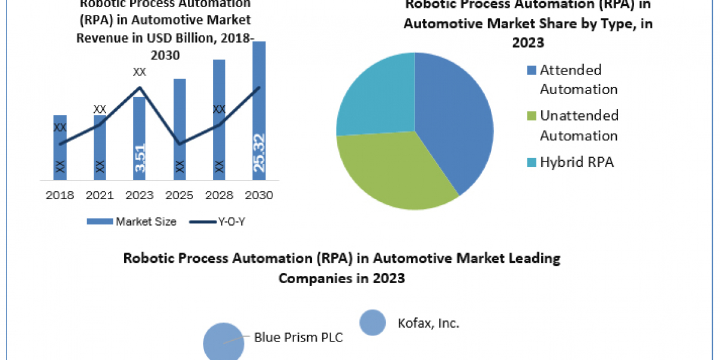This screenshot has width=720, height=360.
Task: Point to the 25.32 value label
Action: [x=259, y=153]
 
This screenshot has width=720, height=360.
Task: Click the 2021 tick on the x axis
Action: [x=100, y=195]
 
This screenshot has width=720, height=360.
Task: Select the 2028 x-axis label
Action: [x=219, y=195]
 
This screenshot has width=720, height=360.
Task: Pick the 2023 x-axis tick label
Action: [x=139, y=195]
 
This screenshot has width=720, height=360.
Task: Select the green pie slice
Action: [x=396, y=174]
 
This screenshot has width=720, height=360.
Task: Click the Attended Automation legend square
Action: [x=532, y=71]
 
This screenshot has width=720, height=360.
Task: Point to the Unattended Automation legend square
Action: [x=532, y=116]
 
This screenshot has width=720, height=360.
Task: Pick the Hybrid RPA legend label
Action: [x=577, y=161]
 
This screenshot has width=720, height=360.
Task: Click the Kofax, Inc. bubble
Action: [x=372, y=322]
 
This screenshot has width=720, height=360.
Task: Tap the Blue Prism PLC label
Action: [x=298, y=337]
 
